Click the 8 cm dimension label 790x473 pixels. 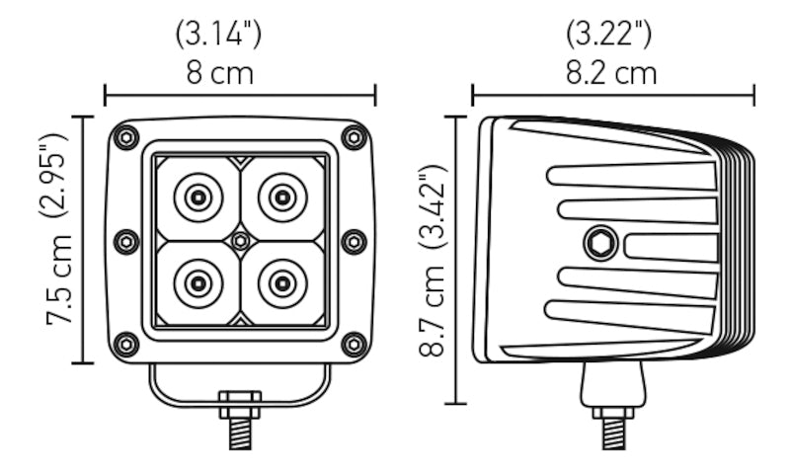click(x=218, y=73)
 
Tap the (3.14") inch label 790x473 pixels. click(x=218, y=35)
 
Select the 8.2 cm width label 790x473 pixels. click(x=612, y=73)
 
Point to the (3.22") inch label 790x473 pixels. click(x=609, y=35)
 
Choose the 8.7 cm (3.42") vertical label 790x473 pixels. click(x=435, y=262)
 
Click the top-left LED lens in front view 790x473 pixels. click(x=198, y=197)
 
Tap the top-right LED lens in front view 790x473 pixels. click(x=282, y=197)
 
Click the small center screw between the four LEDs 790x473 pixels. click(x=240, y=241)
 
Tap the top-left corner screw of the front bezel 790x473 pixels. click(x=126, y=137)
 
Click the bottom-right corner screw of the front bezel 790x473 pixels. click(x=354, y=344)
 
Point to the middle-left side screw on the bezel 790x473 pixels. click(x=126, y=241)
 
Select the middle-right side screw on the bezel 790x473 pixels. click(x=354, y=241)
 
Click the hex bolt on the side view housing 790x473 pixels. click(x=599, y=242)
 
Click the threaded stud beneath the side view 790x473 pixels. click(x=612, y=433)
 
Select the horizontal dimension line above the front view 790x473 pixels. click(x=240, y=96)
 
